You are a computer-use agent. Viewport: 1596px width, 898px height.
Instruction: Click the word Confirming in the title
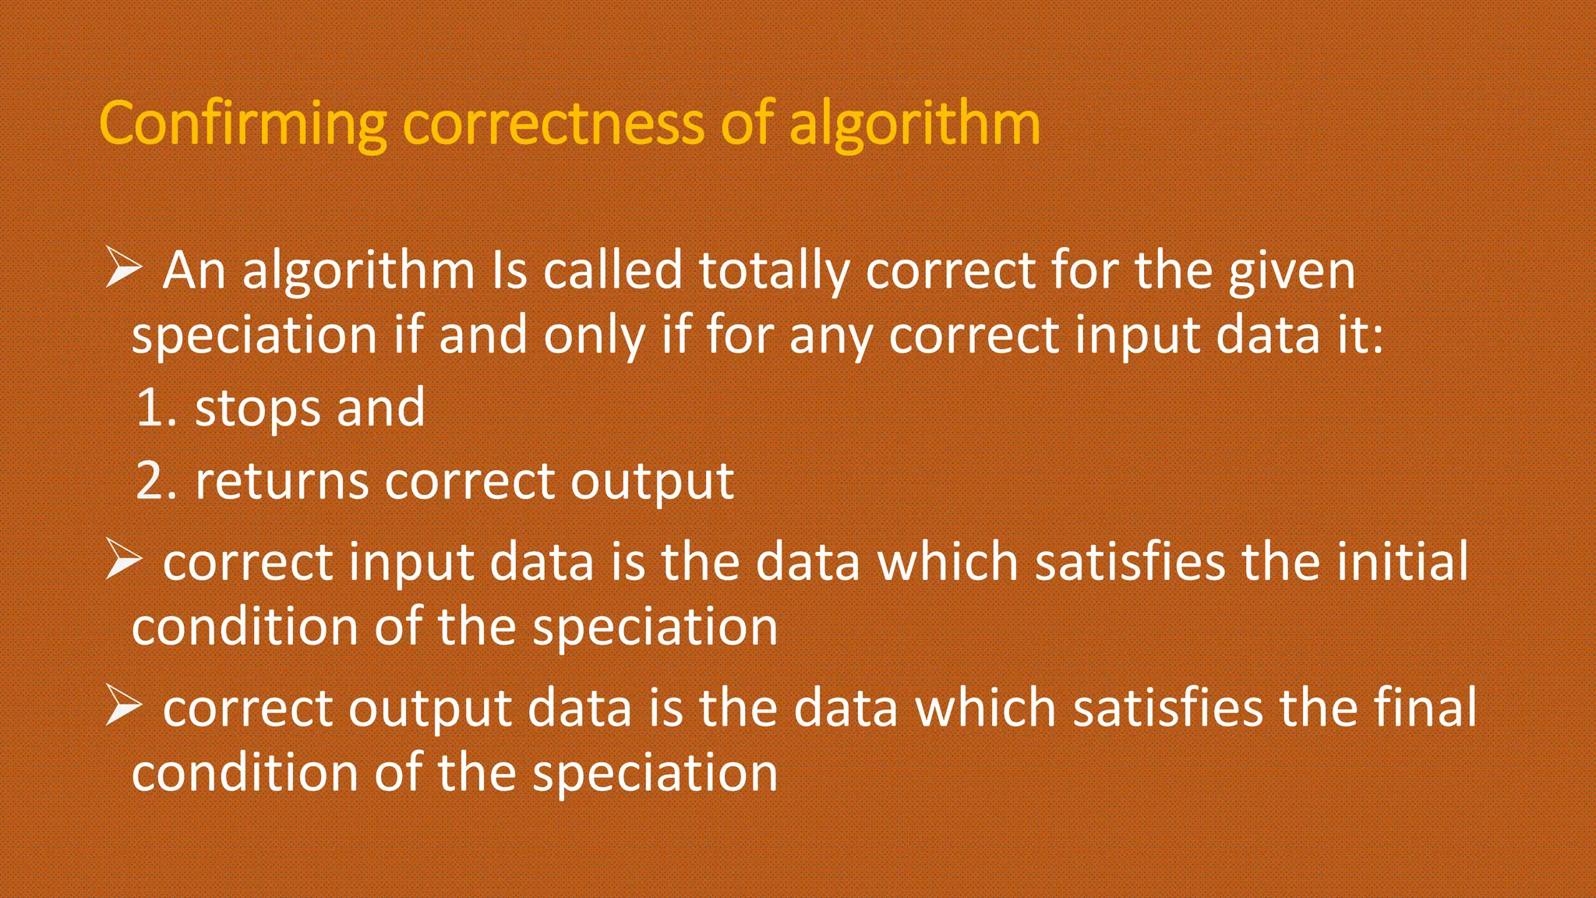point(242,125)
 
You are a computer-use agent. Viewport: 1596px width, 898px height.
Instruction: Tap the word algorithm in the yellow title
point(915,125)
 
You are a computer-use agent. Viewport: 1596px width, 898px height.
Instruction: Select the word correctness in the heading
point(553,125)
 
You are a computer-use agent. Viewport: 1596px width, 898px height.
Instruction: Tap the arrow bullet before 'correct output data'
point(123,706)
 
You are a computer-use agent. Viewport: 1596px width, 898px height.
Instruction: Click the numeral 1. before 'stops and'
point(156,408)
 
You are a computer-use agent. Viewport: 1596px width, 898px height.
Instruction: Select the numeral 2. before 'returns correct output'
point(156,480)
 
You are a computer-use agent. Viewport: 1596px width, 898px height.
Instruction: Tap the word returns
point(281,480)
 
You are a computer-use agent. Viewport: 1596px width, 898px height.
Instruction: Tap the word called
point(613,271)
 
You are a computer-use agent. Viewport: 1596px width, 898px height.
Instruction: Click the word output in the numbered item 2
point(652,482)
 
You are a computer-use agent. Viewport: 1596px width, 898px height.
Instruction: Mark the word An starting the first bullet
point(194,271)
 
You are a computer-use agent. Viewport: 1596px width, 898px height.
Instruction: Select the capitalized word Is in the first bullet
point(510,271)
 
